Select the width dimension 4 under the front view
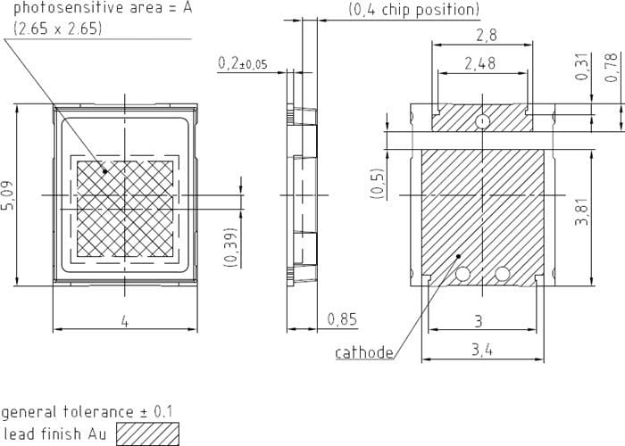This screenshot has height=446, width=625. click(124, 321)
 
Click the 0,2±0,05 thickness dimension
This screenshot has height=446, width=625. click(242, 63)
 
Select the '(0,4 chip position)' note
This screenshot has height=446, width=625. click(413, 10)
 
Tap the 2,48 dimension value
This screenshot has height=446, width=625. click(480, 63)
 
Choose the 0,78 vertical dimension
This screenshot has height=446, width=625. click(612, 68)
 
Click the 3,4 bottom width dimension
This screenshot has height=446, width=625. click(482, 350)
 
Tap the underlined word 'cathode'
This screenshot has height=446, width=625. click(364, 352)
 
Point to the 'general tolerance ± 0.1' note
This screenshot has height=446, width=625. click(87, 412)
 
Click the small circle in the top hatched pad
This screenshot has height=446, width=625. click(482, 120)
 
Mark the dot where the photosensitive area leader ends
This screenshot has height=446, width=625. click(104, 171)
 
